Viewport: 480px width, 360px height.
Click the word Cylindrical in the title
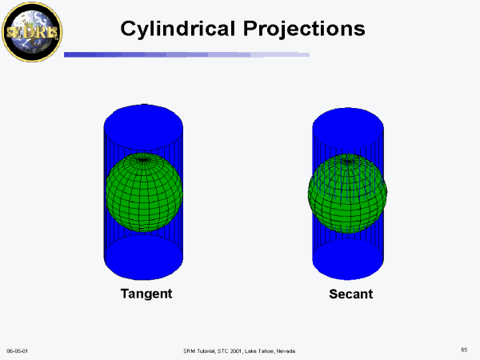point(178,29)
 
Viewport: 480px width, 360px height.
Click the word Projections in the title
point(304,29)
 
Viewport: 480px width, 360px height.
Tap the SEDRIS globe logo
point(32,32)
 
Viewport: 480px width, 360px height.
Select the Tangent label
point(146,294)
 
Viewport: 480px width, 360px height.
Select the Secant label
point(351,294)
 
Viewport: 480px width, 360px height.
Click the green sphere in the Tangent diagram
point(144,192)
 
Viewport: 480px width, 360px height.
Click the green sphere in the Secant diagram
point(347,194)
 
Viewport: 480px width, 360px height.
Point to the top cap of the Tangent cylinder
point(143,126)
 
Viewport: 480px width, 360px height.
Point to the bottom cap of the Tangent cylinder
point(143,257)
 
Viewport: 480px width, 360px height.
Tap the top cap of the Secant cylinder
point(348,129)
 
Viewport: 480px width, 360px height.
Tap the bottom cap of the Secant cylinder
point(348,259)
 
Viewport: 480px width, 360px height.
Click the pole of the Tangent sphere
point(143,159)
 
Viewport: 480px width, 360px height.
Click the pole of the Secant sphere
point(347,161)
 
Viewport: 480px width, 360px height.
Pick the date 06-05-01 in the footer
point(17,351)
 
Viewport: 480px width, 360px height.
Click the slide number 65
point(464,350)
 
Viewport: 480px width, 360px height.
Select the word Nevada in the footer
point(286,351)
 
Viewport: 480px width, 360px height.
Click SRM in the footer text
point(188,351)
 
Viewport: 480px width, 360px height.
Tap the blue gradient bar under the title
point(186,54)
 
